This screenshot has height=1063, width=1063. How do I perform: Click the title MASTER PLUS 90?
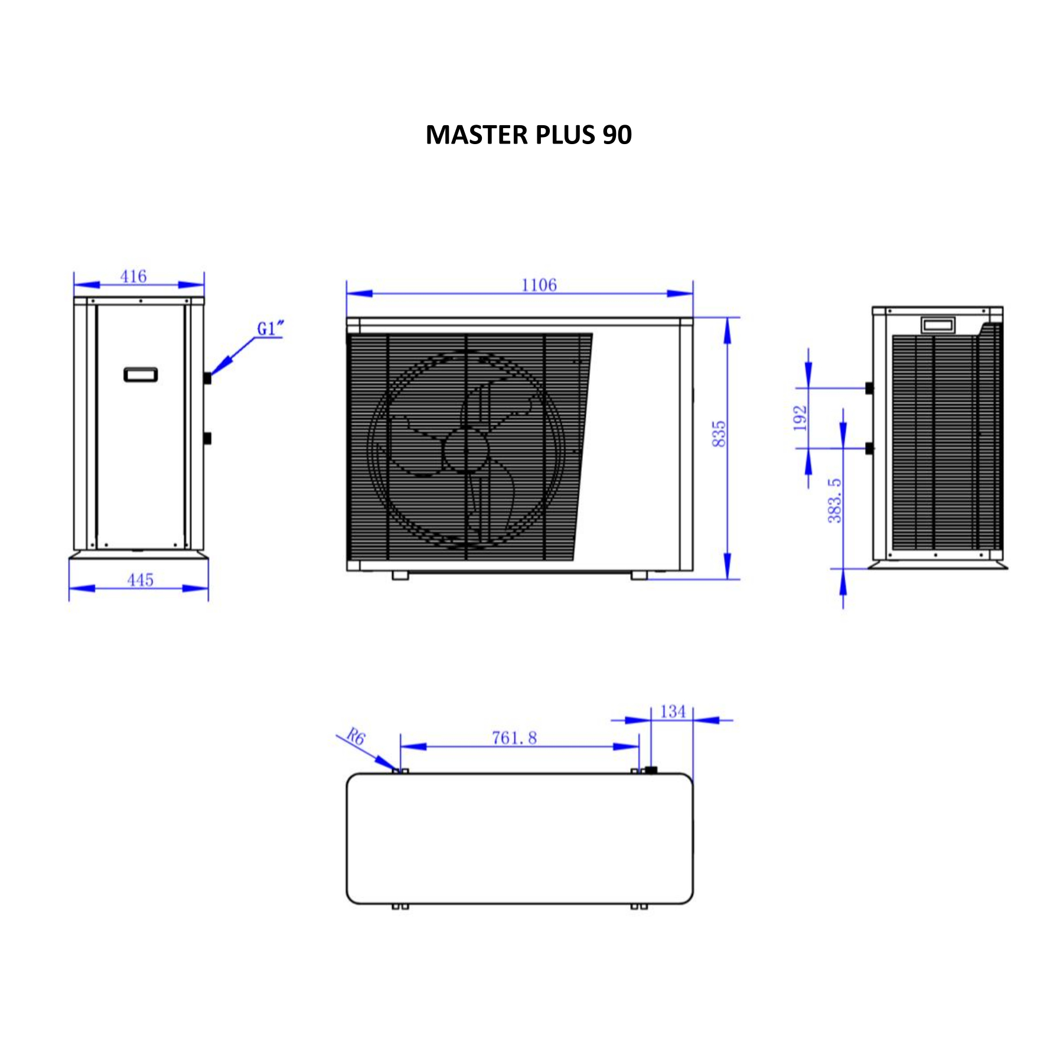pos(529,135)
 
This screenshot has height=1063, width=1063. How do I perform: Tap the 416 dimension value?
pos(133,276)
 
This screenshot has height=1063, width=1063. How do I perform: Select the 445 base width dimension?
pos(141,580)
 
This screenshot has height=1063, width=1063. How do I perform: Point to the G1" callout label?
pos(270,328)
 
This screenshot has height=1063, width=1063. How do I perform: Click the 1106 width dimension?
pos(539,285)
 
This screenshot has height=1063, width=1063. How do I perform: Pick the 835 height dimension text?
pos(719,434)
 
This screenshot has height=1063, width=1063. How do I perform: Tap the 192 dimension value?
pos(800,418)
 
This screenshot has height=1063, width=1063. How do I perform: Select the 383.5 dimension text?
pos(834,500)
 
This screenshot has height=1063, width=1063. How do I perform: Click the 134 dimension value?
pos(673,712)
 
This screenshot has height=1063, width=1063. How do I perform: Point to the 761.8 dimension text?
pos(514,738)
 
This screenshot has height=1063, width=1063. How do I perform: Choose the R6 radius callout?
pos(356,736)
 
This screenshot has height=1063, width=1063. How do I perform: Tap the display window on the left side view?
pos(141,374)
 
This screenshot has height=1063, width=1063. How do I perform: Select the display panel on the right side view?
pos(938,324)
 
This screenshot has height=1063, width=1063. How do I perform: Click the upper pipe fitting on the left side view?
pos(207,378)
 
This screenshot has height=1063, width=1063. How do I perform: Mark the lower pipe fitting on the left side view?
pos(207,438)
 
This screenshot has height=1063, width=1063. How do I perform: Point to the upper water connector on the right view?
pos(869,388)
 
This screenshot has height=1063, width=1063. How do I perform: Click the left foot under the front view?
pos(400,575)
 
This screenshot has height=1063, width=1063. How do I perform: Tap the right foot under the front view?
pos(639,575)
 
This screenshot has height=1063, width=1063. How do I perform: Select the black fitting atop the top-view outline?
pos(651,769)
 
